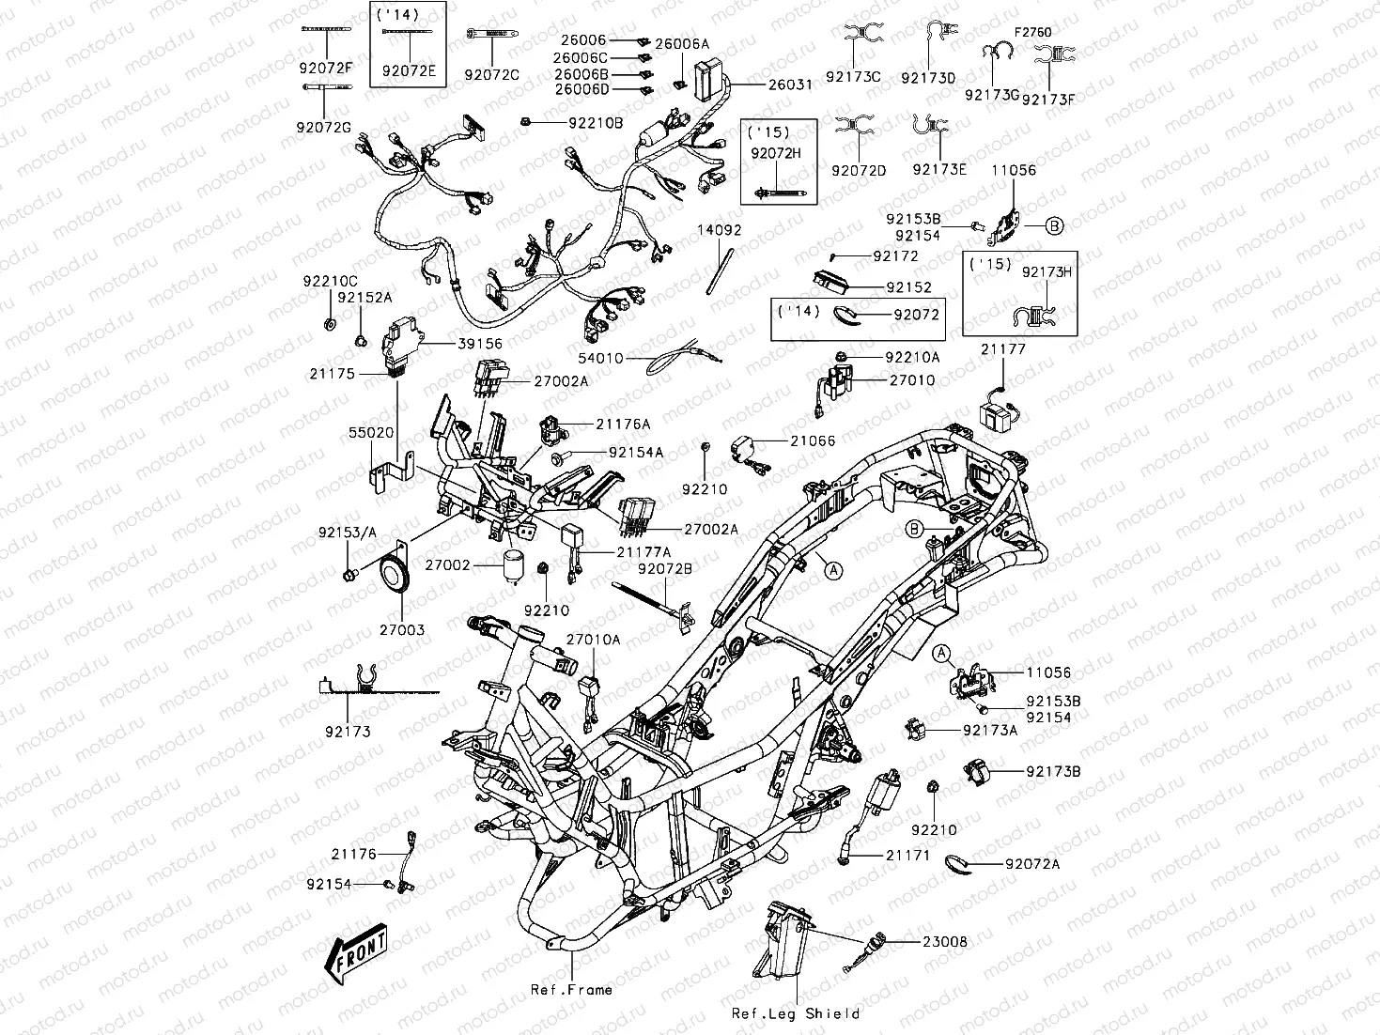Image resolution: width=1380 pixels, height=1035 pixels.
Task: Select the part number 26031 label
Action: coord(790,85)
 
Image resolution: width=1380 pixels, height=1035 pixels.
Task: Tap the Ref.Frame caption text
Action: coord(571,989)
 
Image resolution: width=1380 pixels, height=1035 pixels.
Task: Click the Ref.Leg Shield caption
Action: coord(796,1013)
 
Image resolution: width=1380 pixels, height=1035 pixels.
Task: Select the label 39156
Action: coord(479,345)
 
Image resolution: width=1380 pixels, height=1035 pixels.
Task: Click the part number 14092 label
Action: coord(719,229)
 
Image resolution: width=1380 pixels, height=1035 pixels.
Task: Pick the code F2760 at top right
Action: coord(1032,32)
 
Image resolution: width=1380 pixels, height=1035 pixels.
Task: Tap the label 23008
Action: coord(944,941)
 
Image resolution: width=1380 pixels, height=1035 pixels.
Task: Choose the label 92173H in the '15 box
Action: coord(1047,272)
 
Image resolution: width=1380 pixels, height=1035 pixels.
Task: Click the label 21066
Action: coord(812,440)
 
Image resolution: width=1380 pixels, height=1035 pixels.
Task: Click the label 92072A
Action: coord(1031,864)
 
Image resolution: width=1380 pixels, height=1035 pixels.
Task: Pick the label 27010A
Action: coord(592,640)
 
